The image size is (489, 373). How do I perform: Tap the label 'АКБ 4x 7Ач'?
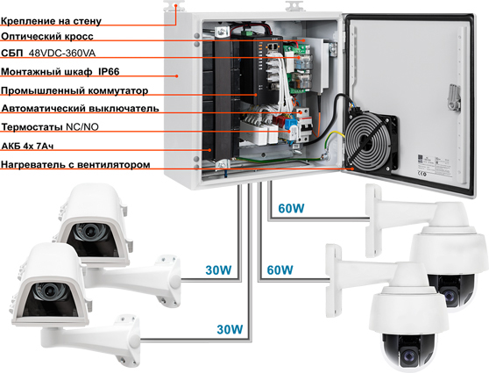pos(38,147)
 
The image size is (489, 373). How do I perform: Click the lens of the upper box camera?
pos(89,233)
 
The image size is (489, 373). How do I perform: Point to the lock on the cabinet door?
pos(452,91)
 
